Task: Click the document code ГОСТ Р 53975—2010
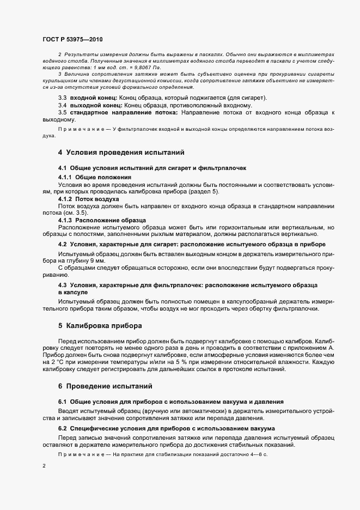pos(72,39)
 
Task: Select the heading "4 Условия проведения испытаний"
pos(121,153)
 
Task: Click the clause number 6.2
pos(63,428)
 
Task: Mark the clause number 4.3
pos(63,286)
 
